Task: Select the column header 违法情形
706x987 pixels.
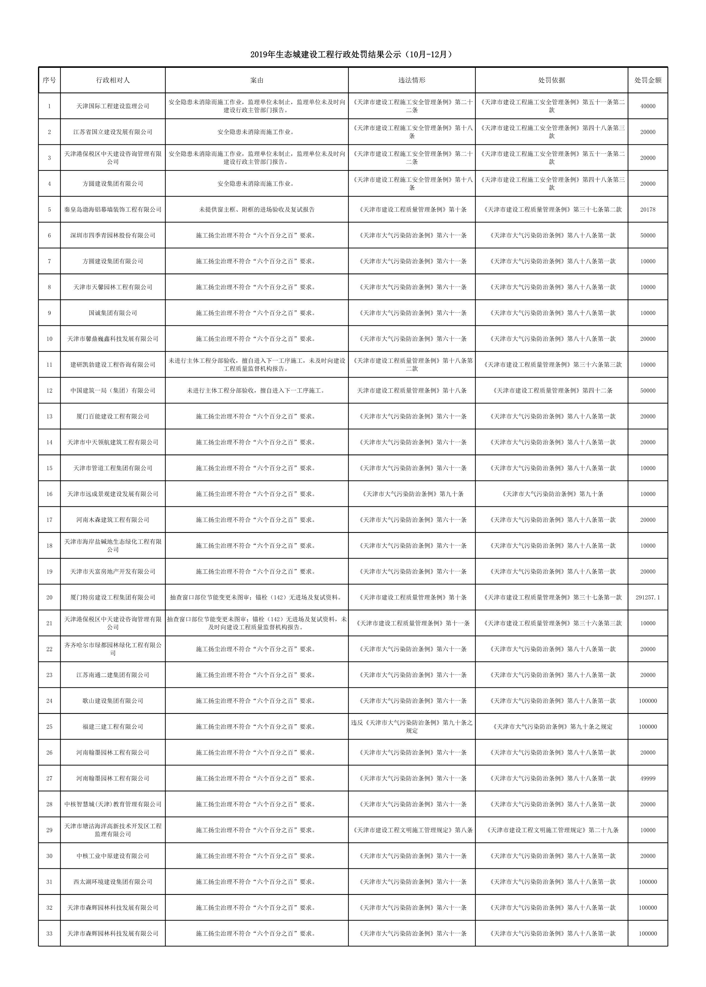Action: (x=411, y=80)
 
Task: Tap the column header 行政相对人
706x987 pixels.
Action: (x=113, y=80)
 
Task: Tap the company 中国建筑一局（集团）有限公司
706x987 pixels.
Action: (x=113, y=390)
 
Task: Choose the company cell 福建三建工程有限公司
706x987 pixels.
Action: (x=113, y=726)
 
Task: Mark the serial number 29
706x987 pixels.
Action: (x=49, y=830)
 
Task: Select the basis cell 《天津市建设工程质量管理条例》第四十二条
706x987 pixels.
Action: (x=551, y=390)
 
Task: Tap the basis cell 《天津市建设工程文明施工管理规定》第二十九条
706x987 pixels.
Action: (x=551, y=830)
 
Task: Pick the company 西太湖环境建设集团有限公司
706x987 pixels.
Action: (x=113, y=882)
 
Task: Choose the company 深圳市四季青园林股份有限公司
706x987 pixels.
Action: (x=113, y=235)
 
